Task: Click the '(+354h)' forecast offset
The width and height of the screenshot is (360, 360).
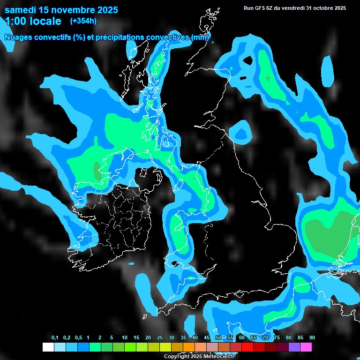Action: point(83,21)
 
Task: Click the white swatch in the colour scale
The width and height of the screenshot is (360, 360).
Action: point(48,347)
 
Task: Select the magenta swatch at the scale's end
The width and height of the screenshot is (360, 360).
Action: point(306,347)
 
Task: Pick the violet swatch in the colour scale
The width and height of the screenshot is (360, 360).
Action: point(294,347)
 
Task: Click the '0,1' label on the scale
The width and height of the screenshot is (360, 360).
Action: point(55,338)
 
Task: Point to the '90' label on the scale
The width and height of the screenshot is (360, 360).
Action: point(312,338)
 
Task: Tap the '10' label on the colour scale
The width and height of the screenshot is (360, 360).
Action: point(125,338)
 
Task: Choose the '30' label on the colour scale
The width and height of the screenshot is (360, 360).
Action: point(172,338)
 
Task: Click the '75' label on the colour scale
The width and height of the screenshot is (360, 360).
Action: point(277,338)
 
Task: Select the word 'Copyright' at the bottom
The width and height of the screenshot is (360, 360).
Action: point(176,357)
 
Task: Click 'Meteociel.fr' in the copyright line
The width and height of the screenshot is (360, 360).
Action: point(218,357)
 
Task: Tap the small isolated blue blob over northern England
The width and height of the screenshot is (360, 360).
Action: point(243,131)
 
